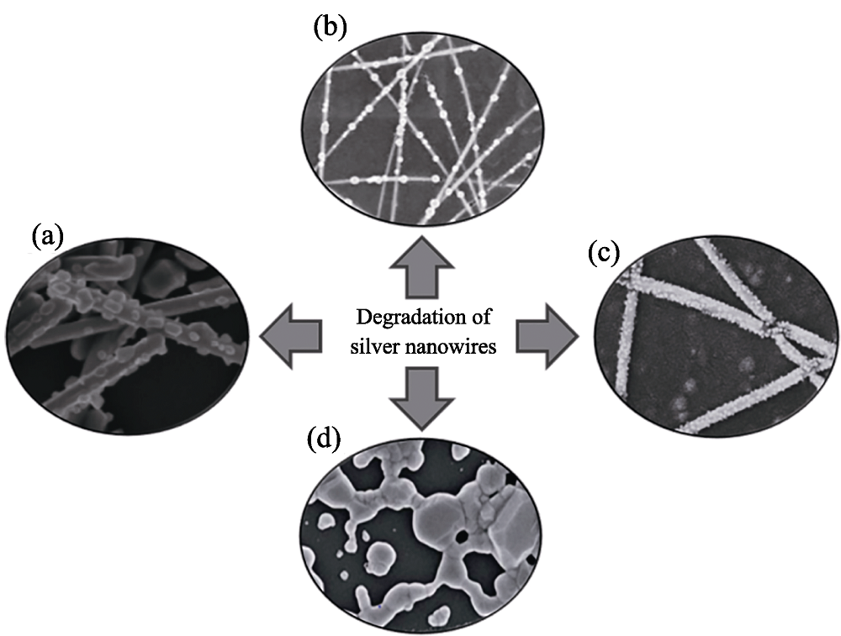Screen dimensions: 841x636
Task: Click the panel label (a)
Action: [47, 235]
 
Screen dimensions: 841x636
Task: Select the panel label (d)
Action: [324, 439]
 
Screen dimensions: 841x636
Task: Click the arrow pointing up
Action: [421, 266]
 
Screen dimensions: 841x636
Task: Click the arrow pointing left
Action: [291, 336]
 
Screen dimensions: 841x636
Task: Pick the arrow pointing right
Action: [547, 336]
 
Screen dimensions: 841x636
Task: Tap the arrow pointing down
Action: [421, 398]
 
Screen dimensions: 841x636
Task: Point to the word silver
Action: [374, 347]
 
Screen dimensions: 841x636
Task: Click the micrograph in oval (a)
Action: [128, 336]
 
